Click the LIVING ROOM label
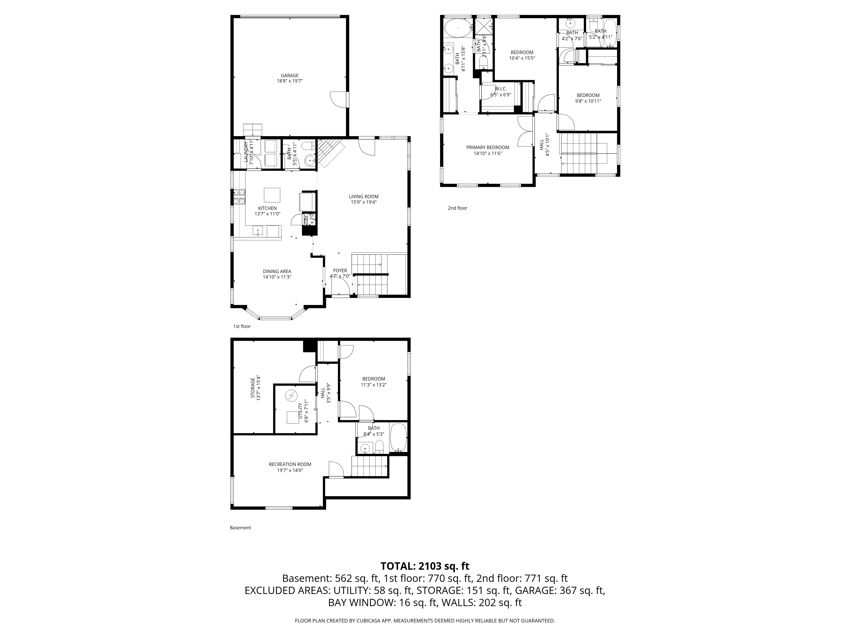[364, 197]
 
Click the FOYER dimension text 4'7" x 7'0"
[340, 276]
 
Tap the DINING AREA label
[277, 271]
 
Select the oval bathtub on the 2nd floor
[458, 28]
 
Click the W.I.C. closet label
[501, 89]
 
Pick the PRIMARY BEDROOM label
[488, 147]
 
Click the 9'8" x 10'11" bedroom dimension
[588, 101]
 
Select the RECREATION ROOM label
[290, 464]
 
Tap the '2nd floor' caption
[457, 208]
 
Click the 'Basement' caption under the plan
[240, 528]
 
